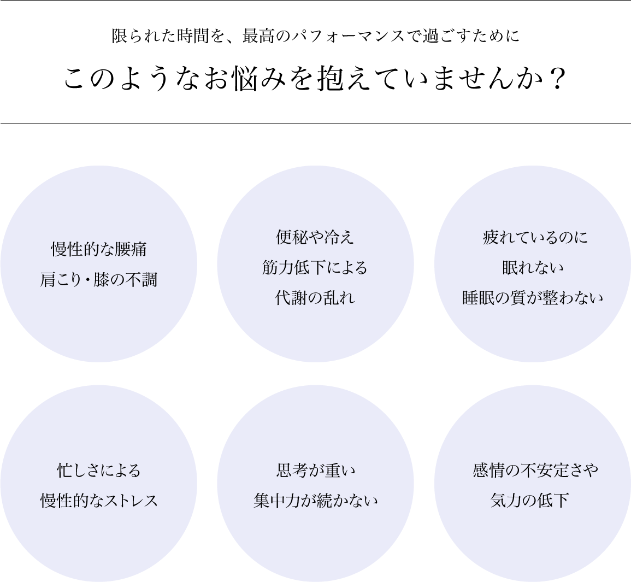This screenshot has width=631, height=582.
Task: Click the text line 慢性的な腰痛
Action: tap(99, 250)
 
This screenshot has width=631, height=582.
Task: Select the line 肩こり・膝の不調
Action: tap(99, 280)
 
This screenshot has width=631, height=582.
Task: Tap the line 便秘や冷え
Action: tap(315, 237)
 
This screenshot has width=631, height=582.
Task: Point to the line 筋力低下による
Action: tap(315, 267)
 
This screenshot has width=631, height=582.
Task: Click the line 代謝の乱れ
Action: tap(315, 298)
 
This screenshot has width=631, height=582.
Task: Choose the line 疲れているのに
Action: tap(535, 237)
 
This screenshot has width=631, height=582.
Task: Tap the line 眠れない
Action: tap(533, 267)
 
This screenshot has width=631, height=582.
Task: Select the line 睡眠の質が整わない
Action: tap(533, 298)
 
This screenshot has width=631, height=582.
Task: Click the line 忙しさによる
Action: tap(99, 470)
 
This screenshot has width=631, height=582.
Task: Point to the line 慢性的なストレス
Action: tap(99, 501)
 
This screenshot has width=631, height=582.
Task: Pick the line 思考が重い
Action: tap(315, 470)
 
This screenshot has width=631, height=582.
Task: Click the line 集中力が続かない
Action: tap(315, 501)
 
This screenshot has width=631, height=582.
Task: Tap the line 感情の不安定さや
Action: tap(535, 470)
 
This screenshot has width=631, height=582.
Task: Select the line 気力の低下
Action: tap(530, 501)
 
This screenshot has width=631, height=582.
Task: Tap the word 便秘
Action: tap(290, 237)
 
